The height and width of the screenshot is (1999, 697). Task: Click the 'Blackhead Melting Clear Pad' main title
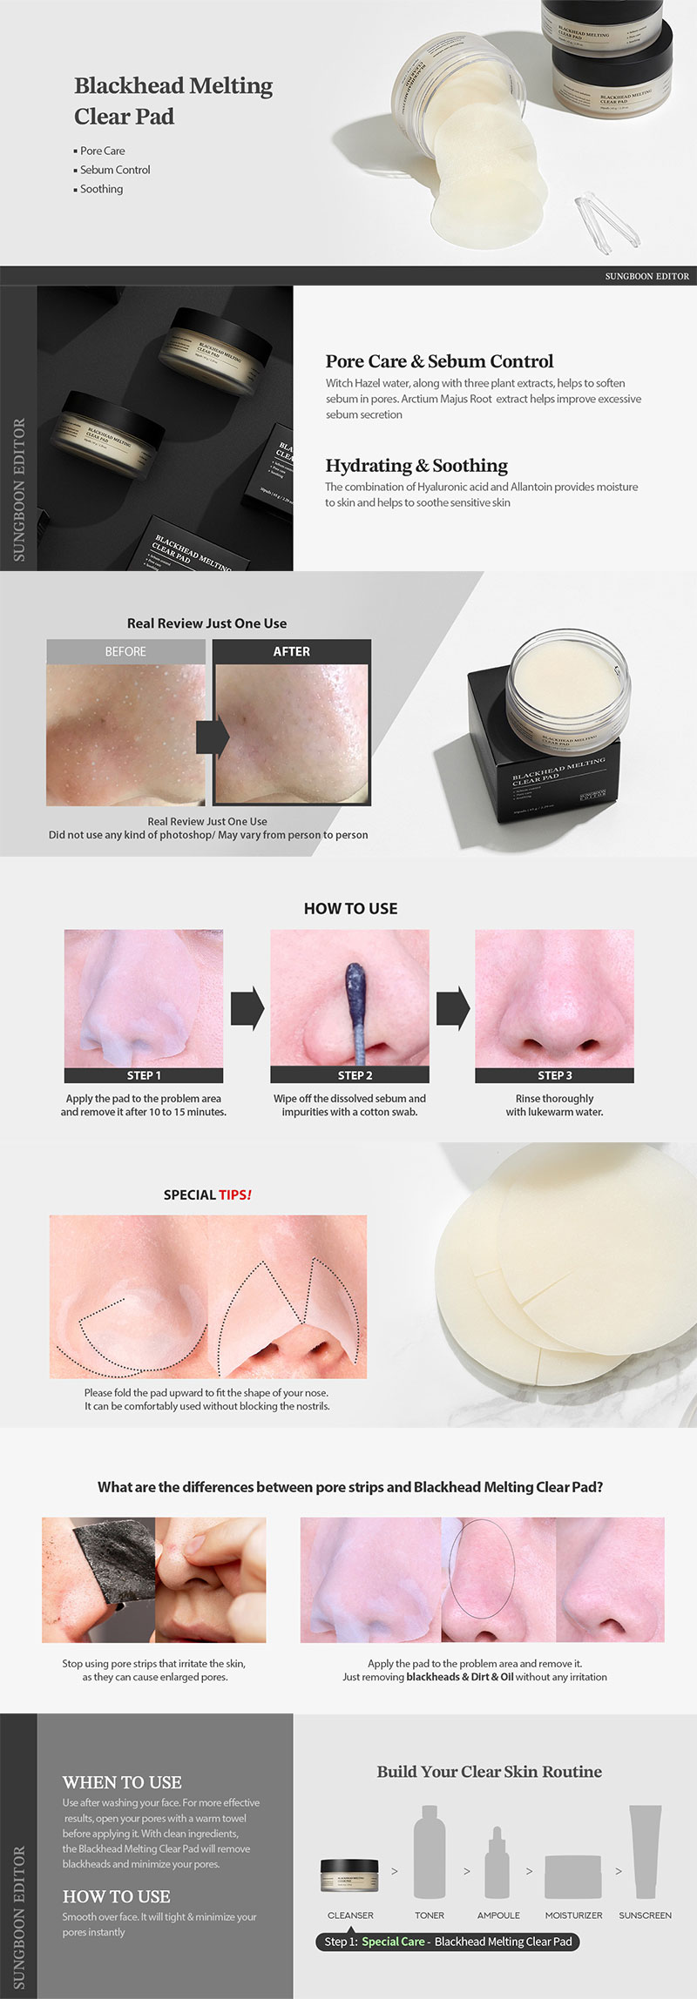(x=173, y=100)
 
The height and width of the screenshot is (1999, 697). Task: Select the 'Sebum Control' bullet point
(x=115, y=170)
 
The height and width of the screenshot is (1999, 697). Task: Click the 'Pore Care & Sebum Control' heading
(x=439, y=361)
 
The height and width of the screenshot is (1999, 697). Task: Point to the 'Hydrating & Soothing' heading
(x=416, y=465)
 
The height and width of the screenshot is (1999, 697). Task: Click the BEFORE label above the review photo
(x=125, y=651)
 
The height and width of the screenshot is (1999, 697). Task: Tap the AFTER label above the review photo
(x=291, y=651)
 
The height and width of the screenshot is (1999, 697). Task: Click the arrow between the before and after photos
(x=211, y=737)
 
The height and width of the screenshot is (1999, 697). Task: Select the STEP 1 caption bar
(x=144, y=1075)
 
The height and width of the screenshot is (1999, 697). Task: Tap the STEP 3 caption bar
(x=554, y=1075)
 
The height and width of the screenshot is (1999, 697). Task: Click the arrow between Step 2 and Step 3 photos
(x=452, y=1008)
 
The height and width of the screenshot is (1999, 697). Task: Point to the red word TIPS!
(x=235, y=1195)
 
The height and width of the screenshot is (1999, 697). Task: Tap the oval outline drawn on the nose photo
(x=481, y=1568)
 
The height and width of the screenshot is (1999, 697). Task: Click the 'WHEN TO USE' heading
(x=122, y=1782)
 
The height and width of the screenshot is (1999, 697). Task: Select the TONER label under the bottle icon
(x=430, y=1915)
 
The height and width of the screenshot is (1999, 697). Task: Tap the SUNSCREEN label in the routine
(x=645, y=1915)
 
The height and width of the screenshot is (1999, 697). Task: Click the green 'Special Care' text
(x=393, y=1942)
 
